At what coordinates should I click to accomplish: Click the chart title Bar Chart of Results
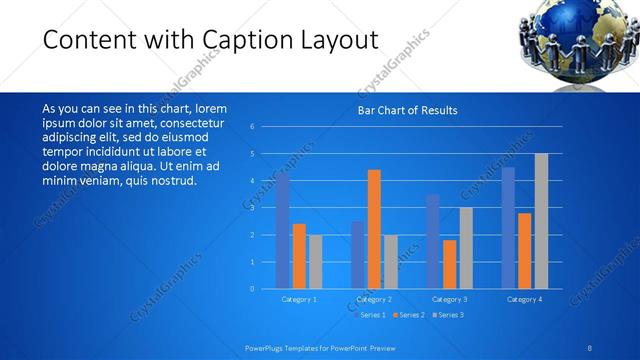pos(407,110)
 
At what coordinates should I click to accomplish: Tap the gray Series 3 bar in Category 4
pos(541,221)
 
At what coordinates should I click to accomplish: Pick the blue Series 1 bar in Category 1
pos(283,231)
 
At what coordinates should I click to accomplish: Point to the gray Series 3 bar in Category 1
pos(315,262)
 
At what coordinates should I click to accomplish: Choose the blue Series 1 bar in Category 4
pos(508,228)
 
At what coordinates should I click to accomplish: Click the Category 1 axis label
pos(299,299)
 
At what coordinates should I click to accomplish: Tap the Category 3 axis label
pos(450,299)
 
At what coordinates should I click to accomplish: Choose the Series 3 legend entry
pos(449,315)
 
